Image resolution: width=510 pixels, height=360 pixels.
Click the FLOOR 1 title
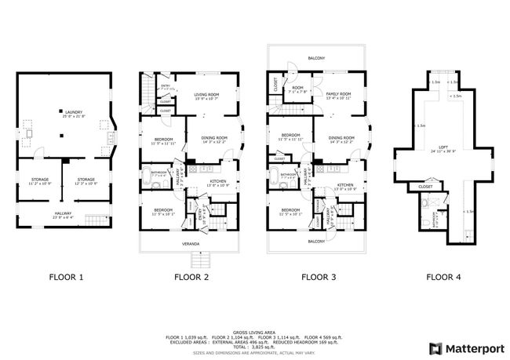pos(66,276)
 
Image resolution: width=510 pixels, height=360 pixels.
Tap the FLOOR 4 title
pos(444,276)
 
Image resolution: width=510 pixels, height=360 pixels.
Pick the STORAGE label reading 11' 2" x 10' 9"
pos(39,181)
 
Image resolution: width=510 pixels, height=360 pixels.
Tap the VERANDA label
pos(189,243)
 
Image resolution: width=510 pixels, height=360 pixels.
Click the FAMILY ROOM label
pos(338,94)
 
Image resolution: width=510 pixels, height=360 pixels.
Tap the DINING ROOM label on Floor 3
pos(339,139)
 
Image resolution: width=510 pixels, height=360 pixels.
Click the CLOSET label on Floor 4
pos(425,187)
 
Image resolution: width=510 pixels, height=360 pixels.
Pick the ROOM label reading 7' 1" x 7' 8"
pos(298,89)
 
